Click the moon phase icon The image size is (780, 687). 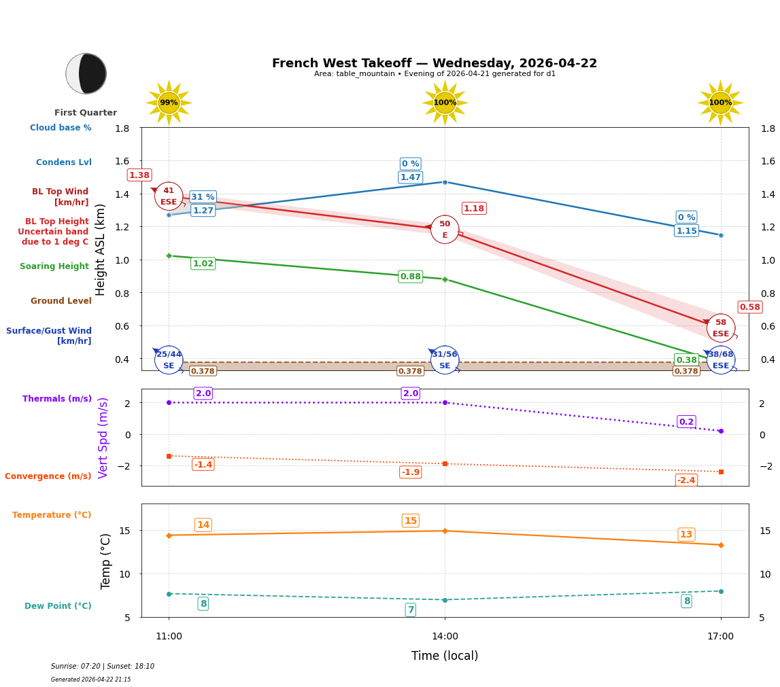click(86, 73)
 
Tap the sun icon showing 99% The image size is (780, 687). click(169, 103)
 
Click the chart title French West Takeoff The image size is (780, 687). click(434, 63)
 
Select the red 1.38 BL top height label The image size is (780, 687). click(139, 175)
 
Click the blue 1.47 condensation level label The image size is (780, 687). click(411, 177)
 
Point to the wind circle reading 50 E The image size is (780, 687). click(445, 230)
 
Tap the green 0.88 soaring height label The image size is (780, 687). click(411, 277)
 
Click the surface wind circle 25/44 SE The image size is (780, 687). click(169, 360)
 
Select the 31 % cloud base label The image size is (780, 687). click(203, 197)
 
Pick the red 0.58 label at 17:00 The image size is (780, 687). click(750, 307)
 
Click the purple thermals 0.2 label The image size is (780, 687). click(686, 422)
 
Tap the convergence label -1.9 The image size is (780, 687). click(411, 472)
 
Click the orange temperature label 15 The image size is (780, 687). click(411, 521)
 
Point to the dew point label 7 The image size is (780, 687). click(411, 610)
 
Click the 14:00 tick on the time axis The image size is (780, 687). click(445, 637)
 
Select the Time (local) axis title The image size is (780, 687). click(445, 656)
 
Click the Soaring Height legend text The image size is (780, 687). click(54, 266)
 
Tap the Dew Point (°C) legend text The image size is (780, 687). click(58, 606)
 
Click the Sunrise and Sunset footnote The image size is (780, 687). click(103, 667)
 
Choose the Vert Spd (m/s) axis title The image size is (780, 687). click(103, 438)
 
